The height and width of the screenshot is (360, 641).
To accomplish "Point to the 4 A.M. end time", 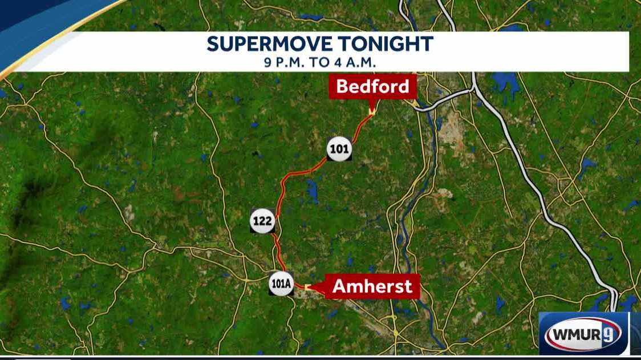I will coord(352,62).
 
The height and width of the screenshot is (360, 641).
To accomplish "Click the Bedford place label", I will coord(372,87).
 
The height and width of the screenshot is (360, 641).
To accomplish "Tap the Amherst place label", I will coord(372,286).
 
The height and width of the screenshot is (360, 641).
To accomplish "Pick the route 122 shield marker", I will coord(263,221).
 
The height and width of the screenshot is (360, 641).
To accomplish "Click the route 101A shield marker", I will coord(281,284).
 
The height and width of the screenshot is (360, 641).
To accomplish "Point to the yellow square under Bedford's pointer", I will coord(371,112).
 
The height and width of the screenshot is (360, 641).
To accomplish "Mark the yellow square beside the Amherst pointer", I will coord(307,287).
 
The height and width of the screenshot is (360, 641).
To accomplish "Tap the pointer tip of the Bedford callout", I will coord(371,108).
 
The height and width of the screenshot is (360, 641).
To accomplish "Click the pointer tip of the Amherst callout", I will coord(313,287).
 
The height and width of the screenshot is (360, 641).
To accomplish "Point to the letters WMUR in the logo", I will coord(575,334).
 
